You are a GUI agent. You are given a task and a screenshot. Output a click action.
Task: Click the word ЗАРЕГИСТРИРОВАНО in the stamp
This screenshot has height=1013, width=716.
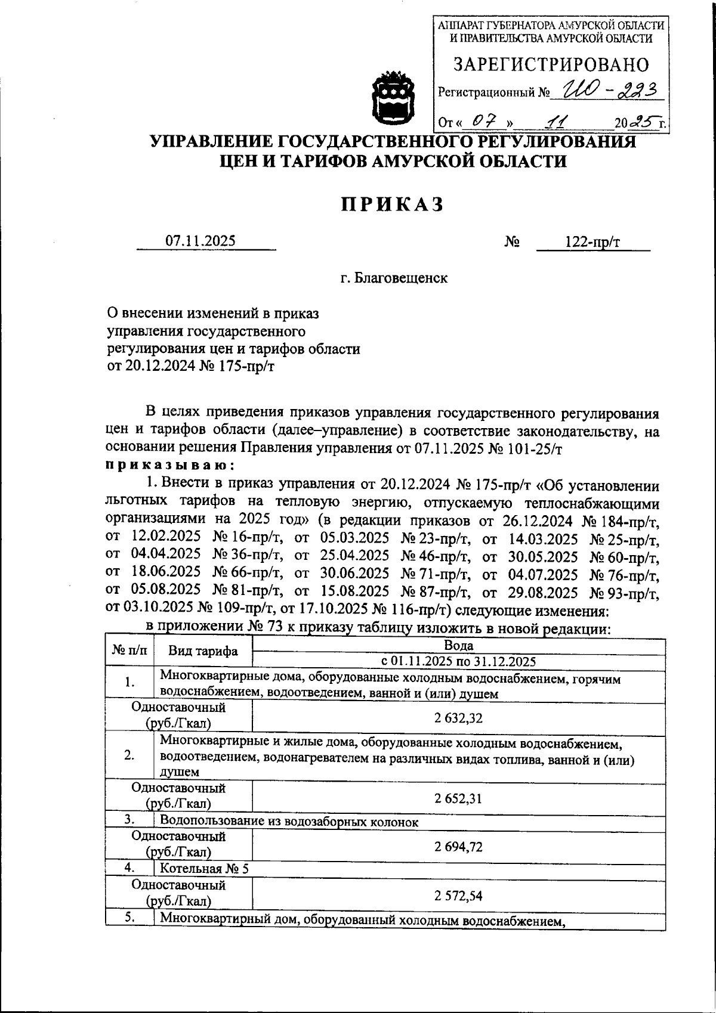(x=551, y=64)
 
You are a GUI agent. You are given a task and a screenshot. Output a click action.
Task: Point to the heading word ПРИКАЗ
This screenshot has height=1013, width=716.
(x=393, y=204)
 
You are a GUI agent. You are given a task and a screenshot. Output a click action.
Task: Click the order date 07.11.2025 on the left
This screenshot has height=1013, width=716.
(x=200, y=241)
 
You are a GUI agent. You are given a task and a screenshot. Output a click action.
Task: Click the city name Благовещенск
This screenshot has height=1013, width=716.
(x=394, y=278)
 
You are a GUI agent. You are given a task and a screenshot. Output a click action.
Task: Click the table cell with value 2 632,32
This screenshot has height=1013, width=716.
(x=458, y=718)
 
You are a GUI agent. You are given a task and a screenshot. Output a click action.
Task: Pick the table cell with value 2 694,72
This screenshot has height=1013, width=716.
(x=458, y=847)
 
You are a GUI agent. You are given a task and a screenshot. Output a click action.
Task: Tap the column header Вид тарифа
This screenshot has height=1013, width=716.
(x=203, y=652)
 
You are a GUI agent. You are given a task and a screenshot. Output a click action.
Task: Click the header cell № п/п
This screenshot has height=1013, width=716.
(x=129, y=650)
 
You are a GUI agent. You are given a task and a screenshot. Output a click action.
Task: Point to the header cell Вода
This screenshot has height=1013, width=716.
(x=458, y=646)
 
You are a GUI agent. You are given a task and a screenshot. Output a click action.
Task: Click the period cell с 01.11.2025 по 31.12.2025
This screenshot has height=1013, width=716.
(x=458, y=661)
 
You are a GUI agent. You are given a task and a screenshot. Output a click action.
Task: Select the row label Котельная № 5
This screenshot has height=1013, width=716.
(x=204, y=869)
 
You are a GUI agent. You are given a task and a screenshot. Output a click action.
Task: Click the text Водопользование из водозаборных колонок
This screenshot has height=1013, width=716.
(x=289, y=822)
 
